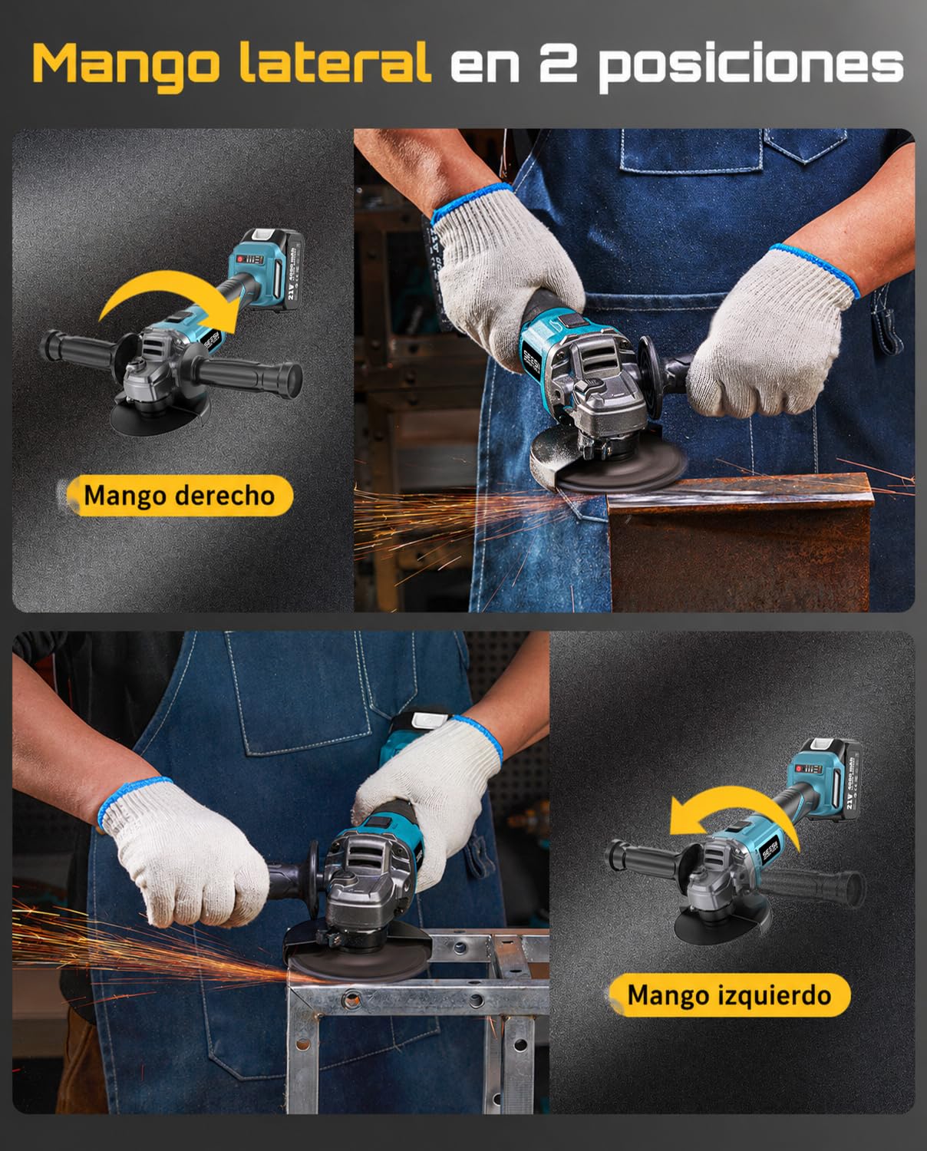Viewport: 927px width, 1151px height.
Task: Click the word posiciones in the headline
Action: click(751, 67)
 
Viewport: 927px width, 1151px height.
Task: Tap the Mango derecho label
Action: click(180, 495)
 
